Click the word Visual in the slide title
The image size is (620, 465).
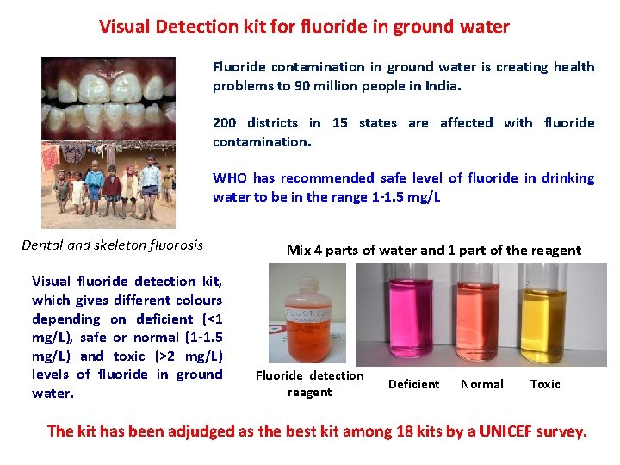click(x=126, y=27)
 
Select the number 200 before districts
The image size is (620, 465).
click(x=226, y=123)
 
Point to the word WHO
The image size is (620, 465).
click(x=230, y=178)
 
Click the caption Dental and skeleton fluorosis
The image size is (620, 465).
click(x=112, y=245)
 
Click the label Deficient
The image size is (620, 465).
click(x=413, y=384)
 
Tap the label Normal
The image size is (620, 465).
click(x=482, y=384)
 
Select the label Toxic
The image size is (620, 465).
click(x=545, y=384)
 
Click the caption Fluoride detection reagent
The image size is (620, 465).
click(x=309, y=384)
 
